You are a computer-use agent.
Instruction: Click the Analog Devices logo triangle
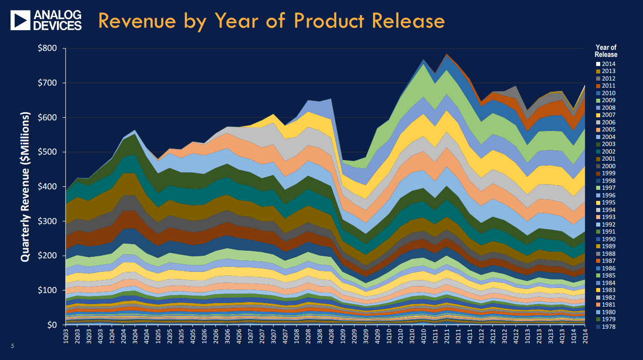[21, 21]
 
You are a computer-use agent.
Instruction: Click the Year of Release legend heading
[606, 51]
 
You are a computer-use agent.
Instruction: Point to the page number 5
[13, 346]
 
